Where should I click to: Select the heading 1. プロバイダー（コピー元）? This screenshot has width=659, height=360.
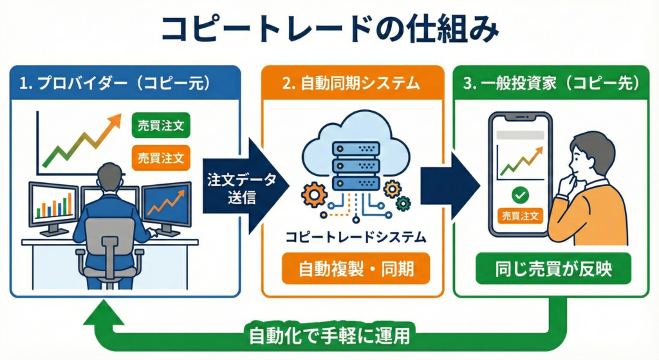tap(125, 83)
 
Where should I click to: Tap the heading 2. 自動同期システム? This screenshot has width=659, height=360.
tap(353, 83)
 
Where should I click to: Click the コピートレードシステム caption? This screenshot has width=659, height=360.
tap(356, 237)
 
